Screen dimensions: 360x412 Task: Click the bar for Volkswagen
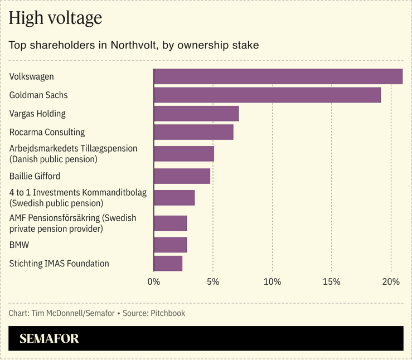click(278, 76)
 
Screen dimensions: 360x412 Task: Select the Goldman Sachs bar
click(267, 95)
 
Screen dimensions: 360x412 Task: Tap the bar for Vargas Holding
click(196, 114)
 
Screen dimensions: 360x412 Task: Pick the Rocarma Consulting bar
click(193, 132)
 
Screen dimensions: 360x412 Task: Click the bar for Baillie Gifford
click(182, 176)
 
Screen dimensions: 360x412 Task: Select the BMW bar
click(170, 245)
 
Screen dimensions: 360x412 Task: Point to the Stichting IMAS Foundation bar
click(168, 264)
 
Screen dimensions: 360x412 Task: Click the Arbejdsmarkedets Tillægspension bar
click(183, 154)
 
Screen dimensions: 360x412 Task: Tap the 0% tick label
click(153, 282)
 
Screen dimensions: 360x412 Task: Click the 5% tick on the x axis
click(212, 282)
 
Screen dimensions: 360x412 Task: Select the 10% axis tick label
click(272, 282)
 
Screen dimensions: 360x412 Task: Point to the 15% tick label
click(331, 282)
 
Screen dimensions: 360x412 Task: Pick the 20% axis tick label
click(391, 282)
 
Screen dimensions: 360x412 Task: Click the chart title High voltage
click(55, 18)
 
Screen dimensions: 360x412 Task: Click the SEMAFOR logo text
click(49, 339)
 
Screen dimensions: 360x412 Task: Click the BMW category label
click(19, 245)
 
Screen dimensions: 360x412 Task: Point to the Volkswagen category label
click(32, 77)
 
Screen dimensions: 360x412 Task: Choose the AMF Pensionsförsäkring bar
click(170, 223)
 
